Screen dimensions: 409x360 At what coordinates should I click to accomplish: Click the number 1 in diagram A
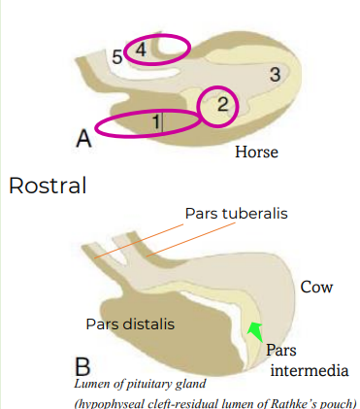pyautogui.click(x=155, y=122)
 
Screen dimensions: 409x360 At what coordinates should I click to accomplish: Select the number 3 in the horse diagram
pyautogui.click(x=275, y=75)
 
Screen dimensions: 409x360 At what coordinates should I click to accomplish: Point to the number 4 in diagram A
pyautogui.click(x=142, y=49)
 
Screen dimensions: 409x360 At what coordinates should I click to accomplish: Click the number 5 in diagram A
pyautogui.click(x=116, y=58)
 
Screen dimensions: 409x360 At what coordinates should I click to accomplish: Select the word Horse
pyautogui.click(x=257, y=153)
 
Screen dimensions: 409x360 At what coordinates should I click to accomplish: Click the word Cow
pyautogui.click(x=316, y=288)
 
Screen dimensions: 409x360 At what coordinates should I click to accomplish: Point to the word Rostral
pyautogui.click(x=47, y=185)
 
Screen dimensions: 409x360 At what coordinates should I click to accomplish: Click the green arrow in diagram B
pyautogui.click(x=255, y=331)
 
